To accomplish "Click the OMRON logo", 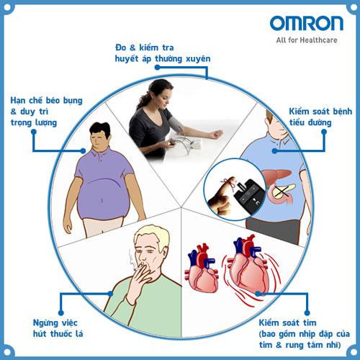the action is [307, 23].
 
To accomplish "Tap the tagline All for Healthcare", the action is [307, 40].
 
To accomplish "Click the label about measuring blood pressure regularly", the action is [163, 53].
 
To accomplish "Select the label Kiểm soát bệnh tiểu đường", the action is [320, 117].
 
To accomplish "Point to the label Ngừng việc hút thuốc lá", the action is [58, 328].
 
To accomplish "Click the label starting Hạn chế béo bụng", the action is [46, 112].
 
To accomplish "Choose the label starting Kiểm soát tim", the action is [305, 334].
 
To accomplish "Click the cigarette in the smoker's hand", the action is [139, 268].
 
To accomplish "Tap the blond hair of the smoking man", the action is [151, 236].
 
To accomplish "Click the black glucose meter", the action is [250, 196].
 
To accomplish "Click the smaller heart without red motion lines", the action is [202, 269].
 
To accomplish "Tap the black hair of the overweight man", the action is [100, 129].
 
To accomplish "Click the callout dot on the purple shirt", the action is [83, 150].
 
